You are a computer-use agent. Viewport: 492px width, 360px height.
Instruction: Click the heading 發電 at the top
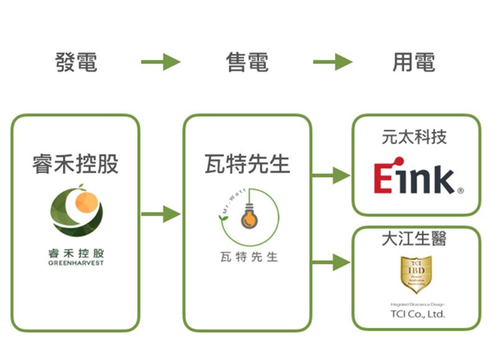click(76, 62)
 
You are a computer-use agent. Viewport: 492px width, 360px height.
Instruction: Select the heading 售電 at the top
click(247, 62)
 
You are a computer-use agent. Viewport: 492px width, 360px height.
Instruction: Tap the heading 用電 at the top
click(414, 62)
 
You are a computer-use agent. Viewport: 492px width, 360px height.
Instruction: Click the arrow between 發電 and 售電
click(160, 62)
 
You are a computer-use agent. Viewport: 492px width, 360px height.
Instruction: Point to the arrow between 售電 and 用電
click(332, 62)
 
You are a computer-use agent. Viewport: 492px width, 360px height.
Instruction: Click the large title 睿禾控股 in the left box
click(75, 164)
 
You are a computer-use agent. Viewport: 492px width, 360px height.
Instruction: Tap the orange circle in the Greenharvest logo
click(86, 202)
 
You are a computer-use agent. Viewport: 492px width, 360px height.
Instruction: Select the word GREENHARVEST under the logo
click(76, 263)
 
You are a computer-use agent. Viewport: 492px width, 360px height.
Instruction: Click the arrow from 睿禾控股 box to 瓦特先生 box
click(160, 215)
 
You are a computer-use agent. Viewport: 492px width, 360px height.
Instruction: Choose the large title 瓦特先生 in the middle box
click(247, 164)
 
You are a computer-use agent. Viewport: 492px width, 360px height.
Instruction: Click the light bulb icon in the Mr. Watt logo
click(249, 217)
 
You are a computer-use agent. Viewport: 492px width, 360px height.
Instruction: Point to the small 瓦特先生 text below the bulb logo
click(249, 256)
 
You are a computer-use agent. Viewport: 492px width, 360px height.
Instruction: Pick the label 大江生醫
click(414, 238)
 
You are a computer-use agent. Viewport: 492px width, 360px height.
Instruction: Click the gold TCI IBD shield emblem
click(417, 273)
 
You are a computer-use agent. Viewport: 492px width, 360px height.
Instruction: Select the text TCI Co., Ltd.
click(417, 314)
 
